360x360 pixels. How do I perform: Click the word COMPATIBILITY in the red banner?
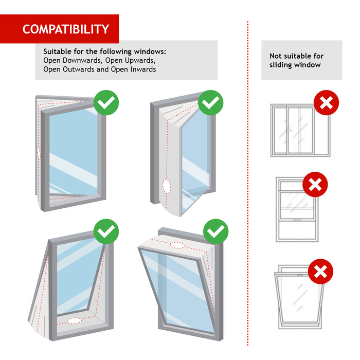pyautogui.click(x=65, y=29)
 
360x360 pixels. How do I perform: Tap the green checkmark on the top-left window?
pyautogui.click(x=106, y=102)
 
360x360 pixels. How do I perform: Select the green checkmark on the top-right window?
pyautogui.click(x=210, y=102)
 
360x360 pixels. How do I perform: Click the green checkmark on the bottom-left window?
pyautogui.click(x=106, y=232)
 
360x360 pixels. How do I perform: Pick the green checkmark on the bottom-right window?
pyautogui.click(x=216, y=232)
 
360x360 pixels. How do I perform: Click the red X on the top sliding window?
pyautogui.click(x=326, y=102)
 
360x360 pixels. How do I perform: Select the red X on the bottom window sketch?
pyautogui.click(x=320, y=271)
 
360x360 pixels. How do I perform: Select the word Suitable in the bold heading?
pyautogui.click(x=58, y=52)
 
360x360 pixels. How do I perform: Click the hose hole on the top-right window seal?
pyautogui.click(x=166, y=186)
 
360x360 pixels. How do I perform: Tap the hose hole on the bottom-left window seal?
pyautogui.click(x=74, y=320)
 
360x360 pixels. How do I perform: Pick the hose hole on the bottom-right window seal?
pyautogui.click(x=178, y=245)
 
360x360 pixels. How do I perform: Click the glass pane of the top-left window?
pyautogui.click(x=72, y=149)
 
